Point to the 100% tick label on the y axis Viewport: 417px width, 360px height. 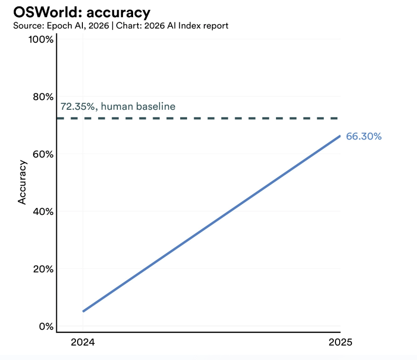click(x=41, y=40)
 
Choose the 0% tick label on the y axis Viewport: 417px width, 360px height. click(x=45, y=326)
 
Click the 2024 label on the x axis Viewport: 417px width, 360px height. click(x=82, y=343)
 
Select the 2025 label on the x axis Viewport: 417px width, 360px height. click(x=340, y=343)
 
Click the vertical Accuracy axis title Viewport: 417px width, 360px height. click(x=22, y=182)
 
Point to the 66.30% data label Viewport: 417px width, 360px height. click(x=363, y=137)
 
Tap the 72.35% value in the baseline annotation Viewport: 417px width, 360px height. click(x=78, y=107)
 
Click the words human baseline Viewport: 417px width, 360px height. click(x=138, y=107)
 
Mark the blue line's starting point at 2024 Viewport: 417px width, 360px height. click(x=83, y=311)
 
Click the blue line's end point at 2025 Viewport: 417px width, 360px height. click(x=339, y=136)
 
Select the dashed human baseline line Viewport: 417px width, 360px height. click(x=209, y=118)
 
